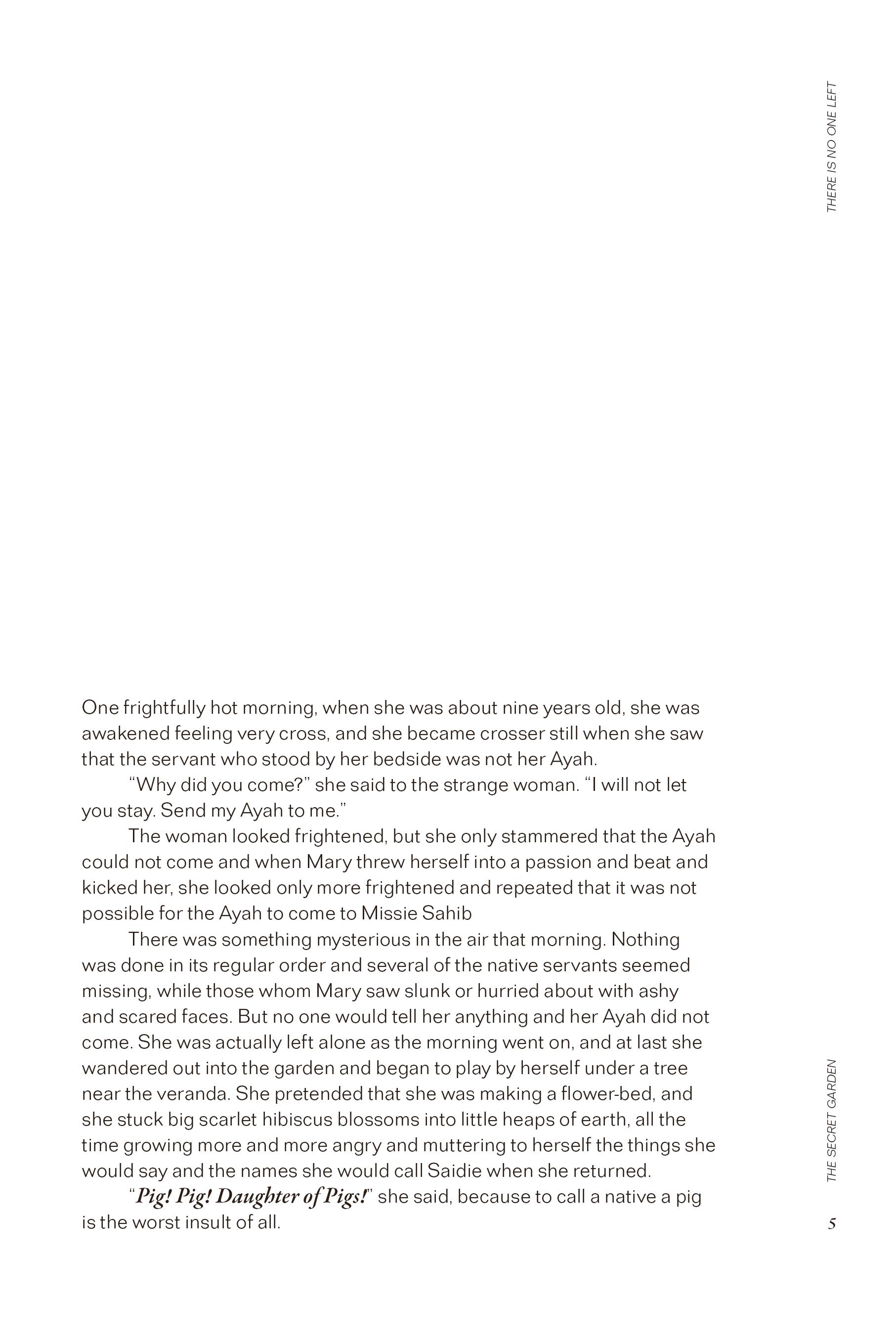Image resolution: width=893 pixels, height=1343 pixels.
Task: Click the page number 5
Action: [x=832, y=1223]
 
